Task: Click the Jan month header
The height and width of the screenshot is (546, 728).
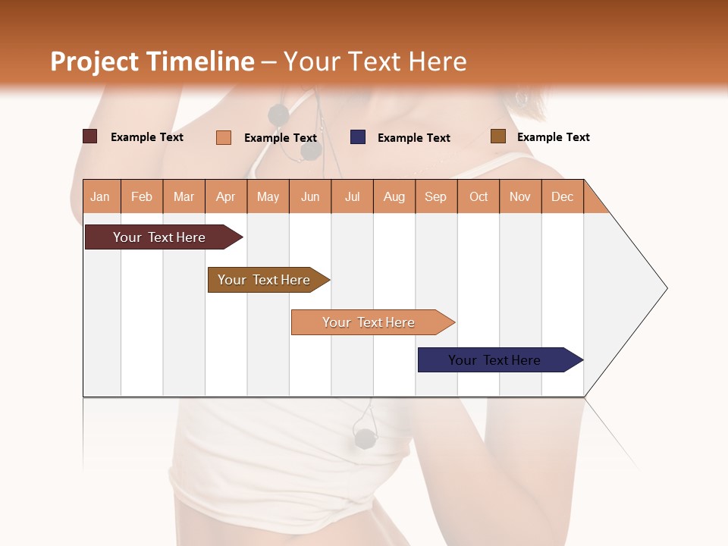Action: point(101,196)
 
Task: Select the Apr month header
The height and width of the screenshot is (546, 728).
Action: point(226,196)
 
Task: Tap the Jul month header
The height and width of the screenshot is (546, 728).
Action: point(352,196)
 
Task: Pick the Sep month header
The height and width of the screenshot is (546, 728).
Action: point(435,196)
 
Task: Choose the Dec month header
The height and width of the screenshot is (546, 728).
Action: point(562,196)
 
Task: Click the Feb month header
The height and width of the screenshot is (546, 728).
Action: point(142,196)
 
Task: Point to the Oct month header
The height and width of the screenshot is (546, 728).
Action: point(479,196)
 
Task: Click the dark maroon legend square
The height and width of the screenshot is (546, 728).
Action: point(89,136)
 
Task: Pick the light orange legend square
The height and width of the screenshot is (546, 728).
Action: point(223,137)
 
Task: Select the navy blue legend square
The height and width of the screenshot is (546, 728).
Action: point(357,137)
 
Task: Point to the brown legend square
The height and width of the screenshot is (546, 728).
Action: point(497,136)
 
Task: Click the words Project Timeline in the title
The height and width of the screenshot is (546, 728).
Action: point(152,61)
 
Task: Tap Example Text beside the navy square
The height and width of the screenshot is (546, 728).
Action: point(413,138)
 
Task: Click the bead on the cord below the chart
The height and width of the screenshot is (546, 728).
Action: point(365,438)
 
